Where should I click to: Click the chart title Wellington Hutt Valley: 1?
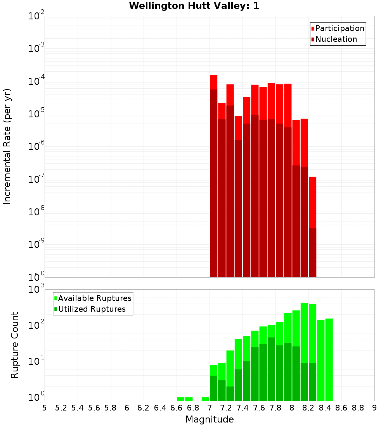tap(194, 6)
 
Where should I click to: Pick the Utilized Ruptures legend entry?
tap(92, 309)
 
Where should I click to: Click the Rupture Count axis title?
tap(15, 345)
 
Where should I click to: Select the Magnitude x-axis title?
tap(210, 419)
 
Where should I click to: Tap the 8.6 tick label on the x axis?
tap(341, 408)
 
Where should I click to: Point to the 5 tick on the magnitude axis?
tap(45, 408)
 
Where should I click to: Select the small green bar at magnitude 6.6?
tap(180, 399)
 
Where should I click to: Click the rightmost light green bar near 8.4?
tap(329, 360)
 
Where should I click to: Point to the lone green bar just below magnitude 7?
tap(205, 399)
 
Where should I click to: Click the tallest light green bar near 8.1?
tap(304, 333)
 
